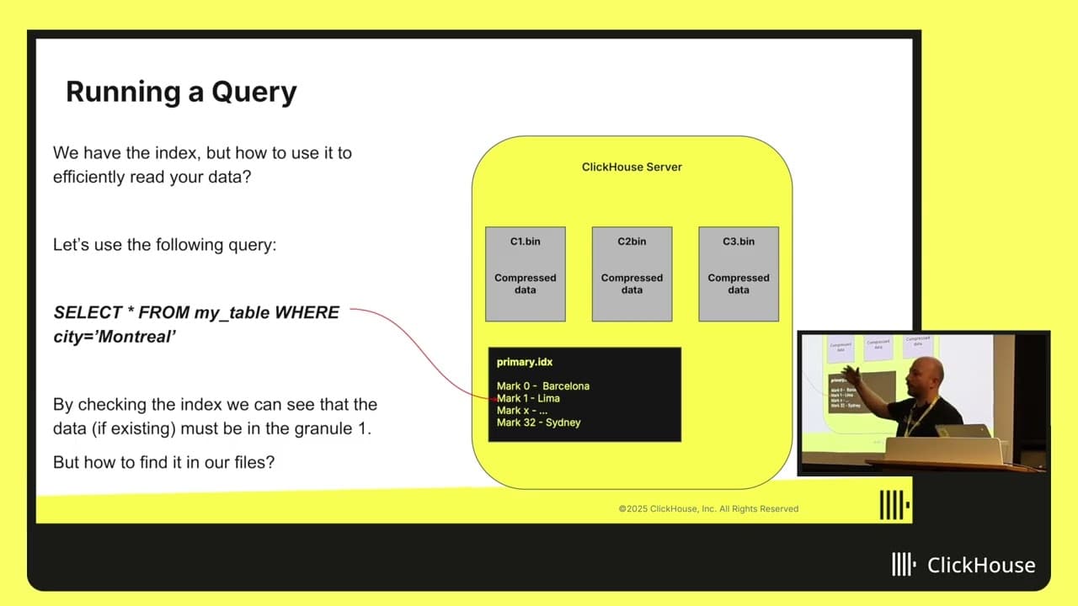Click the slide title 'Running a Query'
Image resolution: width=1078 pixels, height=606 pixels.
click(x=181, y=92)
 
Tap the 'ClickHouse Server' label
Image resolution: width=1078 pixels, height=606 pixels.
click(x=632, y=167)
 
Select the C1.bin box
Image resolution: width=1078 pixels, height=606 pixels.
click(x=526, y=274)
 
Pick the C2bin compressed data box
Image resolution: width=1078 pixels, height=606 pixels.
click(x=632, y=274)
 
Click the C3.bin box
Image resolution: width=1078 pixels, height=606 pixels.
click(x=739, y=274)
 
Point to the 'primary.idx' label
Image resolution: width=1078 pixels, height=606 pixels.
click(x=525, y=362)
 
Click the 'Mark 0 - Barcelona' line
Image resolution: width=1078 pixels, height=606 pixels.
click(x=543, y=386)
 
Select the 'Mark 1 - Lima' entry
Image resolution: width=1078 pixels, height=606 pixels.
click(x=528, y=398)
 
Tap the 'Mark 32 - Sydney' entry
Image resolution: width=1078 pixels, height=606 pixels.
click(x=538, y=423)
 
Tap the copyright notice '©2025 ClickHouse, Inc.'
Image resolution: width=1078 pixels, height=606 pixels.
click(x=708, y=508)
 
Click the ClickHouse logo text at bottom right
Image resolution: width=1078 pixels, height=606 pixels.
click(x=980, y=565)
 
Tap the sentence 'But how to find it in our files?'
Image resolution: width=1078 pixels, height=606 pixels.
click(x=163, y=462)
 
